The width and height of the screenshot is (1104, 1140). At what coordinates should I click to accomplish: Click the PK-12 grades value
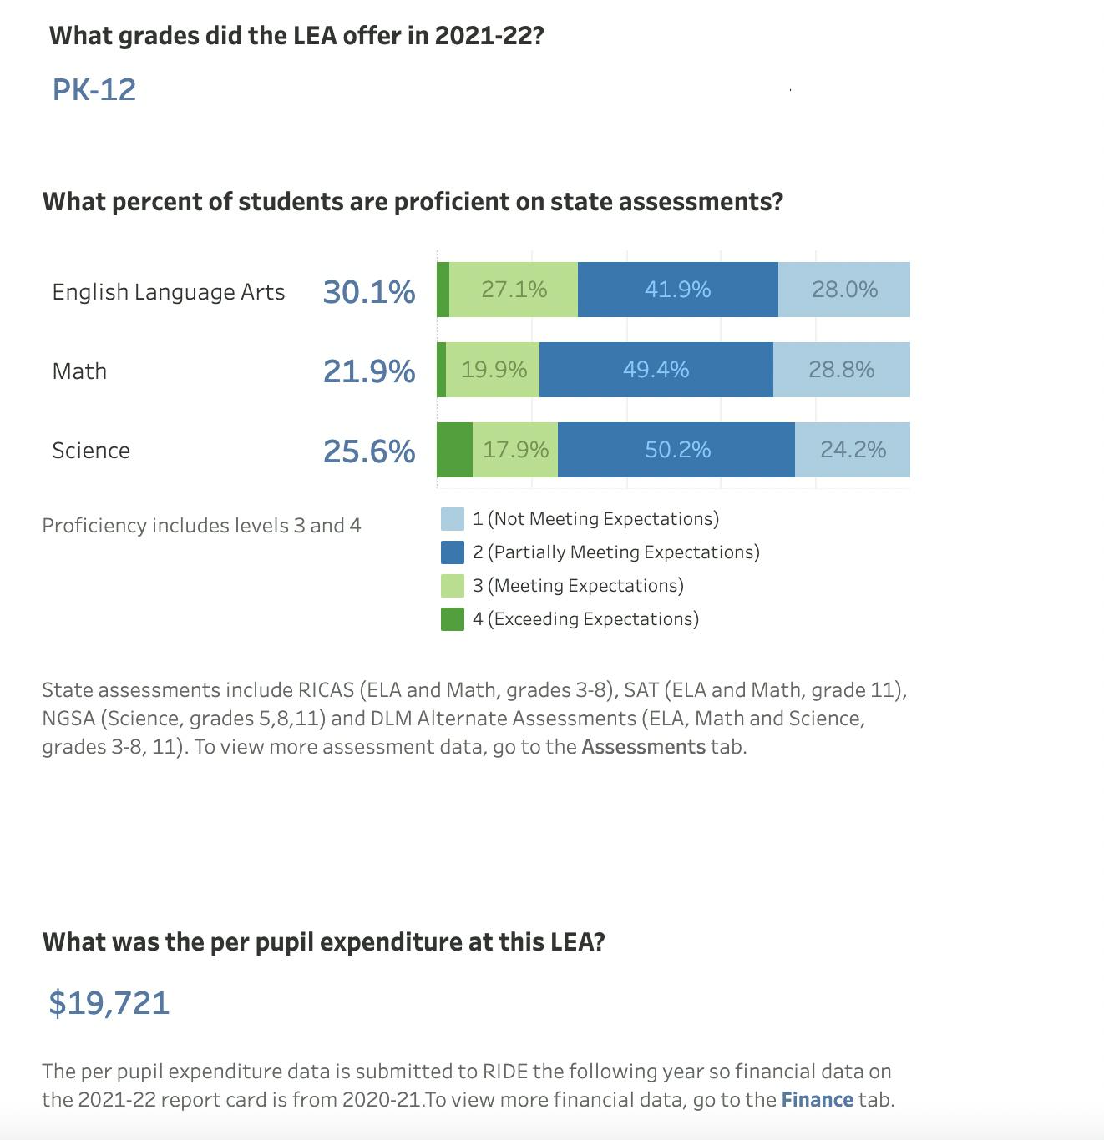pos(94,90)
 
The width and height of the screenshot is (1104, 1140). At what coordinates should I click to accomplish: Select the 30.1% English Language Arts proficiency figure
pos(368,292)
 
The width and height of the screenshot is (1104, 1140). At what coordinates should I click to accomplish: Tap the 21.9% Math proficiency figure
pos(368,371)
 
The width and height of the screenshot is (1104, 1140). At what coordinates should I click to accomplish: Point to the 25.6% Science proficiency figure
pos(368,451)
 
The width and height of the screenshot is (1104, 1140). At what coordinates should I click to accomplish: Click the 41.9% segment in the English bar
pos(677,290)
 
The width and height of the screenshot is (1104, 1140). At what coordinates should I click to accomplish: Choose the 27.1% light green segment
pos(514,290)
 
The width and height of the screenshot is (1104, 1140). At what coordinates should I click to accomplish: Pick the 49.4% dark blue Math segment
pos(656,370)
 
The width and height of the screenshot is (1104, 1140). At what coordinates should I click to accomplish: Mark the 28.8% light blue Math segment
pos(841,370)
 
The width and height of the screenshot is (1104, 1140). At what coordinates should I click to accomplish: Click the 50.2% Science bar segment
pos(676,450)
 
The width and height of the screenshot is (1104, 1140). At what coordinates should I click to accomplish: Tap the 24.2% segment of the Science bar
pos(853,450)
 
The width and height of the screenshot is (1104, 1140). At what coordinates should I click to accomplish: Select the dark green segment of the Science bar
pos(454,450)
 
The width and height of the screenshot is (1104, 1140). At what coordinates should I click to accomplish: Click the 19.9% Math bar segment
pos(493,370)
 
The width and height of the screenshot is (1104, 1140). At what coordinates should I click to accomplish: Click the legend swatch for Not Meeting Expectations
pos(453,519)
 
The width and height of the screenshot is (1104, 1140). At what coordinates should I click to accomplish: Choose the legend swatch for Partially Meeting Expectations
pos(453,552)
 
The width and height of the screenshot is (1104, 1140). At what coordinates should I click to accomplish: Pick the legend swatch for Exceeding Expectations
pos(453,619)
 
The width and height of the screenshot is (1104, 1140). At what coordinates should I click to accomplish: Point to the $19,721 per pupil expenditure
pos(109,1002)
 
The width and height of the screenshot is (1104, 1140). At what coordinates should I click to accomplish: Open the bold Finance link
pos(817,1100)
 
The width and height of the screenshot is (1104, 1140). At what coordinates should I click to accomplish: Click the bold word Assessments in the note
pos(643,747)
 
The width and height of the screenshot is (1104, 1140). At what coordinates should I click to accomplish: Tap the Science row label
pos(91,451)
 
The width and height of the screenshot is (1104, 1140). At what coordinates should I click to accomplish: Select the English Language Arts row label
pos(168,292)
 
